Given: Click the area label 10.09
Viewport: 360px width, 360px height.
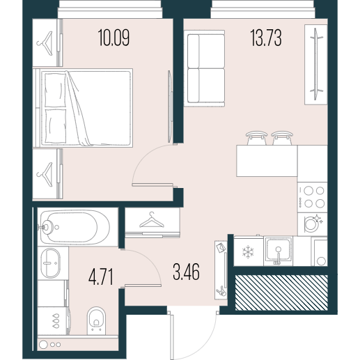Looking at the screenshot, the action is coord(114,38).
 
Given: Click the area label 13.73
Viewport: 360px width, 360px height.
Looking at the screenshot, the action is coord(266,38).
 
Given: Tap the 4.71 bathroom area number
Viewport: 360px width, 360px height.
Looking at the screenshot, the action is coord(101,276).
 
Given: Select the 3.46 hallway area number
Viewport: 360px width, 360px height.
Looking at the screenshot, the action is coord(186,272).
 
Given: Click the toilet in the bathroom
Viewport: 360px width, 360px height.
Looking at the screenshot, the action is coord(96,321).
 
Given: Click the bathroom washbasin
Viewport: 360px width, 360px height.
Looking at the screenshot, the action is coord(51,263).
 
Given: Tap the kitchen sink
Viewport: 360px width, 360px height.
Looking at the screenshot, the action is coord(279,251).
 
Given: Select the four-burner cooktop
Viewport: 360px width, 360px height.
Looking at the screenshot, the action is coord(313,197).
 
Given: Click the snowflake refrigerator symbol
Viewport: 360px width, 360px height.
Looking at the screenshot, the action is coord(248,252).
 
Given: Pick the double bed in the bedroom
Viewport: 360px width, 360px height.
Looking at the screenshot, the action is coord(83,108).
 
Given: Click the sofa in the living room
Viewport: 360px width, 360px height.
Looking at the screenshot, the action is coord(205,68).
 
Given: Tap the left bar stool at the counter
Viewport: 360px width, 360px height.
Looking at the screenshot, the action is coord(256,138).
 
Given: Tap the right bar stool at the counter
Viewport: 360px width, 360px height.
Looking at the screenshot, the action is coord(282,138).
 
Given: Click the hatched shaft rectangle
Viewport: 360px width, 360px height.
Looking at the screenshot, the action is coord(281,292).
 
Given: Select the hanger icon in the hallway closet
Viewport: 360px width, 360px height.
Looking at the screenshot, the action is coord(152,220).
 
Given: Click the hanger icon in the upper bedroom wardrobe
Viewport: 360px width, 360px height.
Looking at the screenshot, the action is coord(45,43).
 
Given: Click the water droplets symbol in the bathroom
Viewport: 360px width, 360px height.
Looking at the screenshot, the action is coord(56,321).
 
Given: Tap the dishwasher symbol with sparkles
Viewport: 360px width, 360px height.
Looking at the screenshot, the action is coord(312,224).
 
